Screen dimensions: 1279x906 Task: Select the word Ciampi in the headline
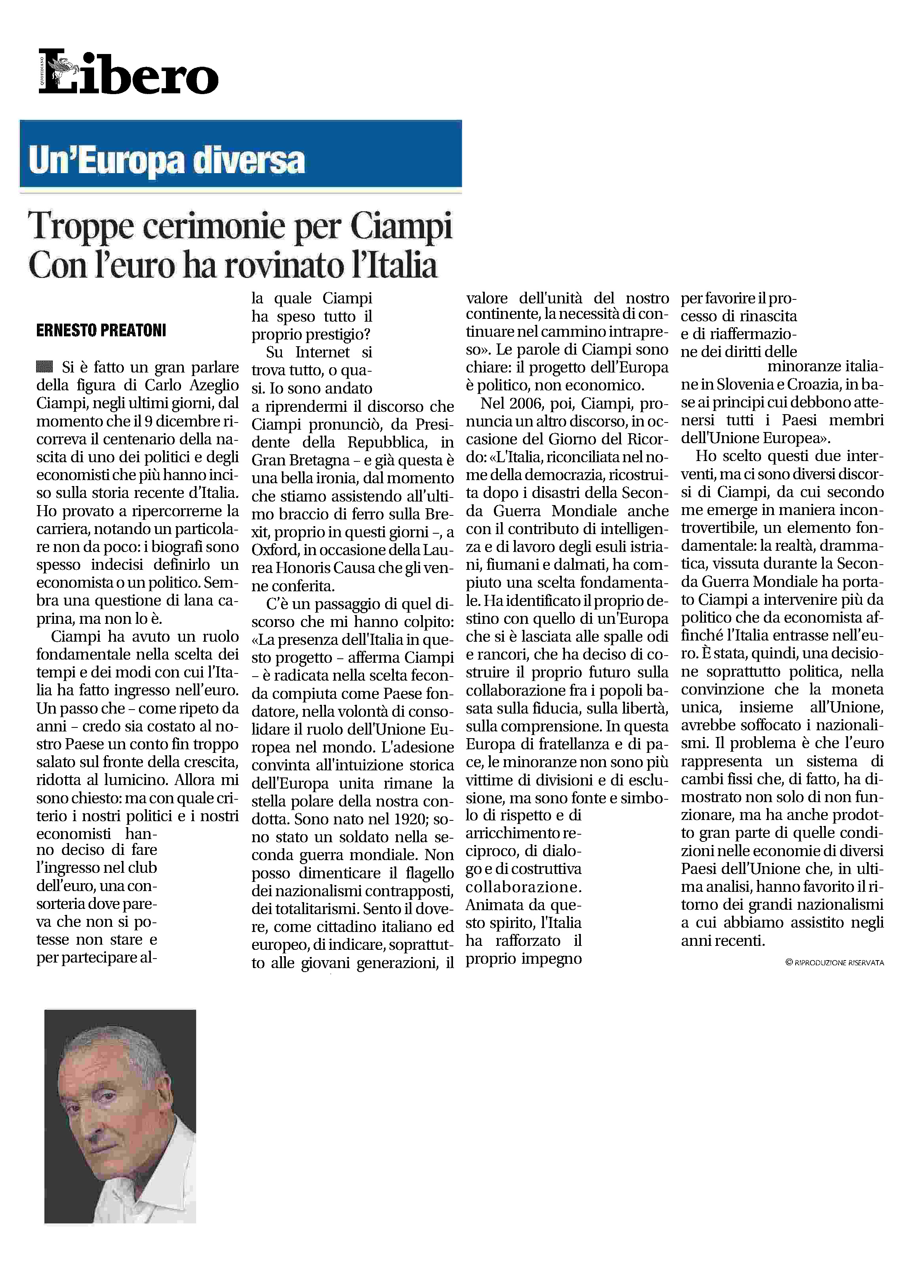coord(401,227)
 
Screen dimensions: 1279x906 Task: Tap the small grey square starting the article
coord(44,367)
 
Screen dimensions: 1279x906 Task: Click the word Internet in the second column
coord(322,352)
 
